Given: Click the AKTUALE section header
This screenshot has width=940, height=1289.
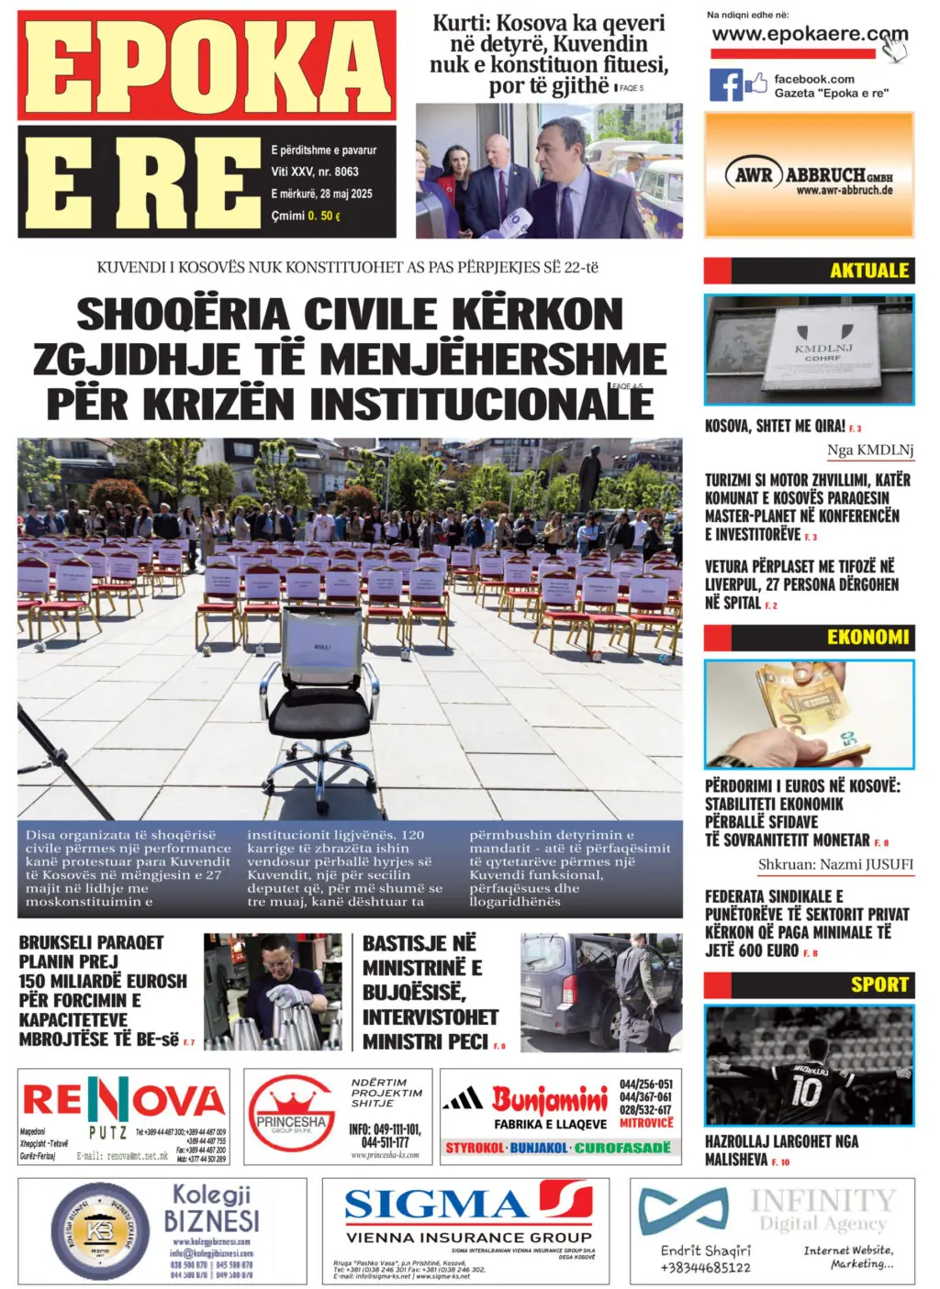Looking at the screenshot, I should (x=867, y=271).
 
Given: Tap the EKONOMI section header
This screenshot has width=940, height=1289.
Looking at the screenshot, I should (x=867, y=637).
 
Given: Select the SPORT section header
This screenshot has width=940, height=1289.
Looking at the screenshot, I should (x=878, y=984).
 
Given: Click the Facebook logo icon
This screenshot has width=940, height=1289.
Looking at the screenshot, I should (x=725, y=85).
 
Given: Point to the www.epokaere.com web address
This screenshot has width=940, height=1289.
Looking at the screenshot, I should (x=808, y=34).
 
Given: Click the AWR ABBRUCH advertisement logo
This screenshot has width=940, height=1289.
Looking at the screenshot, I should (x=810, y=174).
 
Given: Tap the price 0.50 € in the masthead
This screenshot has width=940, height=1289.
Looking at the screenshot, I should (x=324, y=216).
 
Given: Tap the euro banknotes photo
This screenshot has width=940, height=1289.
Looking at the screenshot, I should (x=809, y=714).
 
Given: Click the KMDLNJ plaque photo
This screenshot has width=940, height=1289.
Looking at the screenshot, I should (x=809, y=349).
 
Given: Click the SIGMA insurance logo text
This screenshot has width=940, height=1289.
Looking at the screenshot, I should (x=436, y=1205).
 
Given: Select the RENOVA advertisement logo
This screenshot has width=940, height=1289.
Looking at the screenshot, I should (x=123, y=1102).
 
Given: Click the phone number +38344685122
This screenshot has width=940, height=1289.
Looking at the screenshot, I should (x=705, y=1267).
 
